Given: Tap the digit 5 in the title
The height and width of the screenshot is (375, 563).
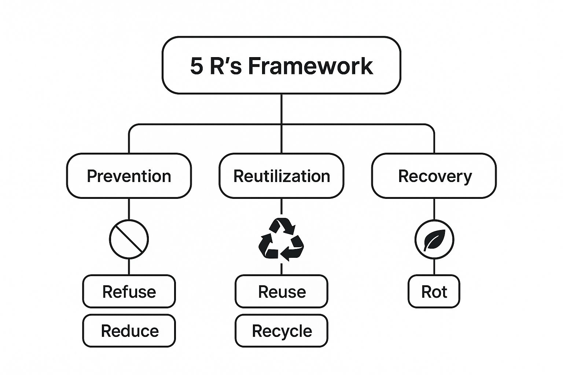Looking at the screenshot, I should [196, 66].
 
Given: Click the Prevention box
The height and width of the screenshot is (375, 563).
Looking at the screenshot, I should [129, 176].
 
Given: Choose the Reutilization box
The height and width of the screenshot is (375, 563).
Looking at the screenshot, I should [281, 176].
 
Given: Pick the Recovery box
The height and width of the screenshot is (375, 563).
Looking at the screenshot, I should [434, 176].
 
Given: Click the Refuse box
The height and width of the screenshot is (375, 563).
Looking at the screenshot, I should [129, 292].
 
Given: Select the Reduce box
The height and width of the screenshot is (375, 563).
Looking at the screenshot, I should [129, 331].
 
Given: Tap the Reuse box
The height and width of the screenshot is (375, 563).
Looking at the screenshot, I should [281, 292].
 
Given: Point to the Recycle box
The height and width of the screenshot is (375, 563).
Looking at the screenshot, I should [281, 331].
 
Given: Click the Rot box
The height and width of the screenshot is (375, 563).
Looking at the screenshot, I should [434, 292].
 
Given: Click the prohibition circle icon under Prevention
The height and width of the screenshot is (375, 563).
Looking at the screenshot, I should [129, 240].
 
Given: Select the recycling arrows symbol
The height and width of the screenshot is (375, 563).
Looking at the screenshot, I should [281, 240].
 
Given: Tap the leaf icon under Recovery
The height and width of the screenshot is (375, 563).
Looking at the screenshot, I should [434, 240].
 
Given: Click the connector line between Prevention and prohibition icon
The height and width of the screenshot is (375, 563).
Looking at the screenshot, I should [129, 209].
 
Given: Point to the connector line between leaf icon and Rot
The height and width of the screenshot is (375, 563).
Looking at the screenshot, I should [434, 267].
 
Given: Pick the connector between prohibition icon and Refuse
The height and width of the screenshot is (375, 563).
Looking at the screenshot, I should [129, 267].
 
